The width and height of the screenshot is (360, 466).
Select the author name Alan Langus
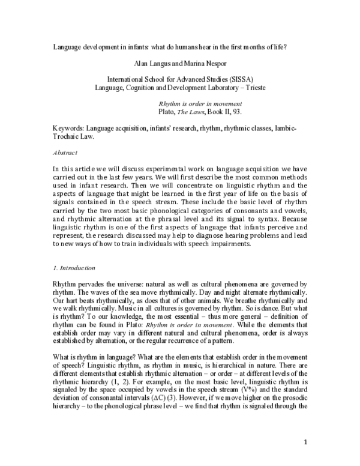pyautogui.click(x=149, y=62)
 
